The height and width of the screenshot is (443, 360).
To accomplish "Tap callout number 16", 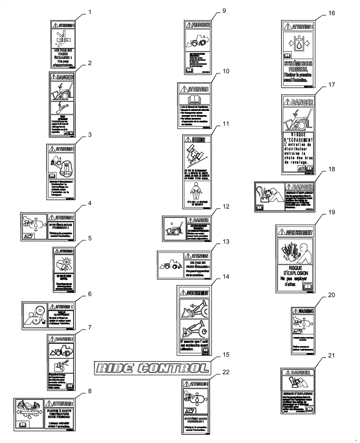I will click(332, 14).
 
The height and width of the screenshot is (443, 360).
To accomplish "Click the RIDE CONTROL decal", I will click(152, 367).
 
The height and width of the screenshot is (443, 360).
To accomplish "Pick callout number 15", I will click(226, 355).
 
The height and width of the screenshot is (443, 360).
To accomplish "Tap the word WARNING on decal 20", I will click(306, 311).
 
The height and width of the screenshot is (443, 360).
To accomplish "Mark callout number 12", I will click(226, 206).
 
